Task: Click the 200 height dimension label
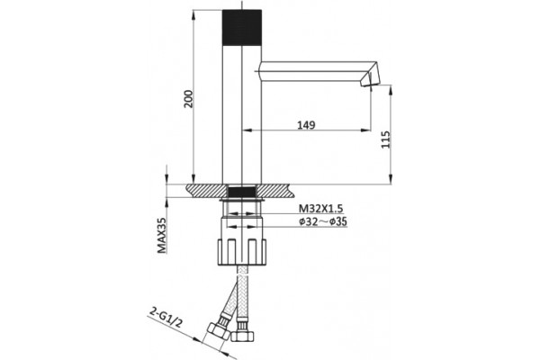tap(188, 99)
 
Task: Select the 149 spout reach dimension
tap(306, 125)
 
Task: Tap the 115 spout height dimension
tap(386, 139)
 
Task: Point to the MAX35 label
tap(161, 235)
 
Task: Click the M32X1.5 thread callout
tap(321, 209)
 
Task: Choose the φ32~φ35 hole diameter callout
tap(323, 222)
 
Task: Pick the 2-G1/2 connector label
tap(166, 318)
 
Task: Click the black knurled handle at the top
tap(242, 28)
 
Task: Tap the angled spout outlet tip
tap(370, 78)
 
